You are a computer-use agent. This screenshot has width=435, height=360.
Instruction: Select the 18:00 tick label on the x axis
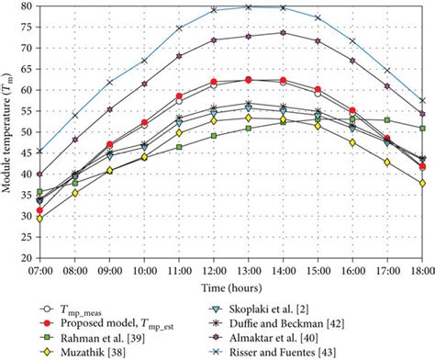422,271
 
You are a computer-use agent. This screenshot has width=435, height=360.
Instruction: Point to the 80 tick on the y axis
25,6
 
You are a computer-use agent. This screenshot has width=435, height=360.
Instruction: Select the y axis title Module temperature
8,133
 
